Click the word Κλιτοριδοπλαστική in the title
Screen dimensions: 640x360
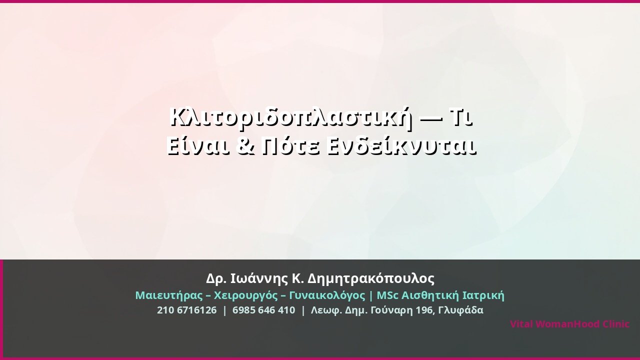pyautogui.click(x=291, y=118)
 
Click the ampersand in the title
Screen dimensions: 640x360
pyautogui.click(x=246, y=146)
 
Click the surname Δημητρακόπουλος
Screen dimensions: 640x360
pyautogui.click(x=371, y=278)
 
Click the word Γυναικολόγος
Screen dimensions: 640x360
pyautogui.click(x=327, y=295)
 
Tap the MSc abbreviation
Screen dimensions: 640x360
pyautogui.click(x=387, y=295)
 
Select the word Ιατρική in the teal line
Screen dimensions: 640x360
pyautogui.click(x=483, y=295)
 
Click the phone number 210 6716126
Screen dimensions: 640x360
pyautogui.click(x=187, y=310)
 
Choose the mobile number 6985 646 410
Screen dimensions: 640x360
pyautogui.click(x=263, y=310)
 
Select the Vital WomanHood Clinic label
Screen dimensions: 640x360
pyautogui.click(x=569, y=324)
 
